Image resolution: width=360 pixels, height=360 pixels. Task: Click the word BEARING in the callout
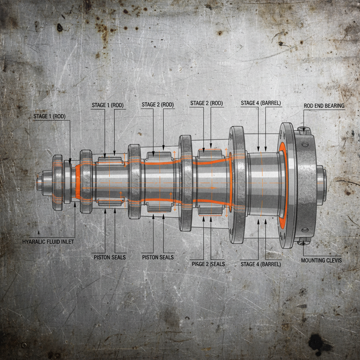[334, 105]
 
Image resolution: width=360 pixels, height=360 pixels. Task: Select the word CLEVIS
[332, 261]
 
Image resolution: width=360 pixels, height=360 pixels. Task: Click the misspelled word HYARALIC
[34, 242]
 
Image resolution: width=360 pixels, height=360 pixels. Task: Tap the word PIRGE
[198, 264]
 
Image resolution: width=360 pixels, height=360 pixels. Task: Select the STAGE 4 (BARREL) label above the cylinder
[261, 103]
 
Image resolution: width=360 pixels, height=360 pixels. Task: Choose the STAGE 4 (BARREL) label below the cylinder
[261, 264]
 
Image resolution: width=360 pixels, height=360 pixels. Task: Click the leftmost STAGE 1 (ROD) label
[49, 116]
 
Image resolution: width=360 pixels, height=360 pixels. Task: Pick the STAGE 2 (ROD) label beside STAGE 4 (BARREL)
[206, 103]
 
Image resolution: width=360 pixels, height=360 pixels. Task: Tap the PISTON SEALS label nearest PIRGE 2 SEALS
[157, 257]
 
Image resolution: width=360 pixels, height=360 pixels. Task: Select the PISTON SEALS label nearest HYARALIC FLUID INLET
[109, 257]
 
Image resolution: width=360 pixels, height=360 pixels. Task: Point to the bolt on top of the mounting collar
[304, 130]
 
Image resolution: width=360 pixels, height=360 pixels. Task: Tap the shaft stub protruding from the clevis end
[321, 185]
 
